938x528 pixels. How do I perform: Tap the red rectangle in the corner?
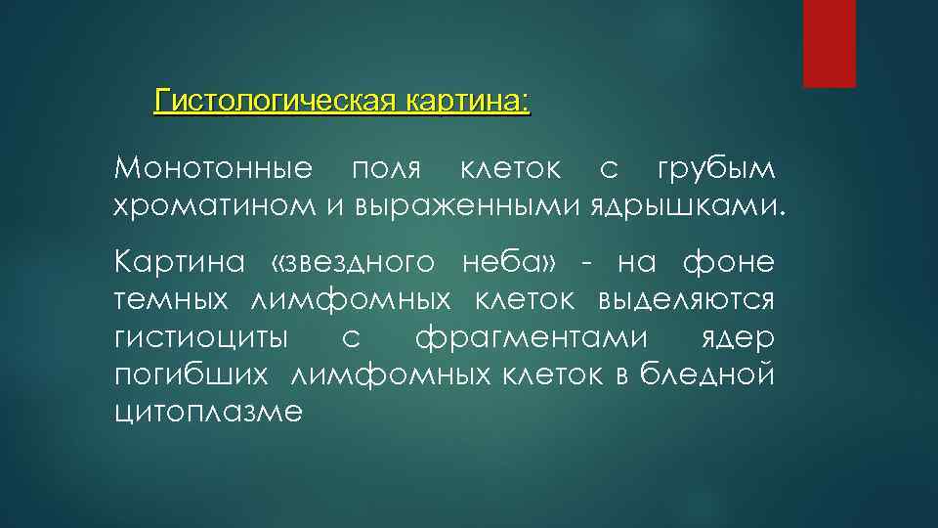point(830,43)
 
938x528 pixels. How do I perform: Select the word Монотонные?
point(213,168)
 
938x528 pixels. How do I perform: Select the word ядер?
point(738,337)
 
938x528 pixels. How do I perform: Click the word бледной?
point(708,374)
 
